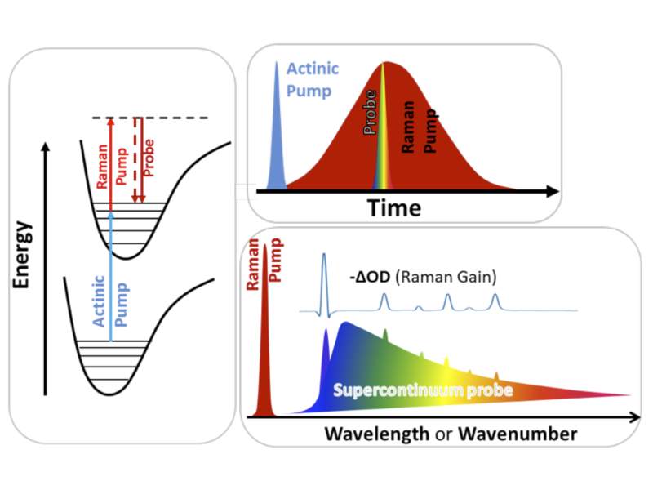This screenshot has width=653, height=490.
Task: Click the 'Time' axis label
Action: pos(394,207)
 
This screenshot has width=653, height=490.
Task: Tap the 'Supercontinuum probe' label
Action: pos(423,390)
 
